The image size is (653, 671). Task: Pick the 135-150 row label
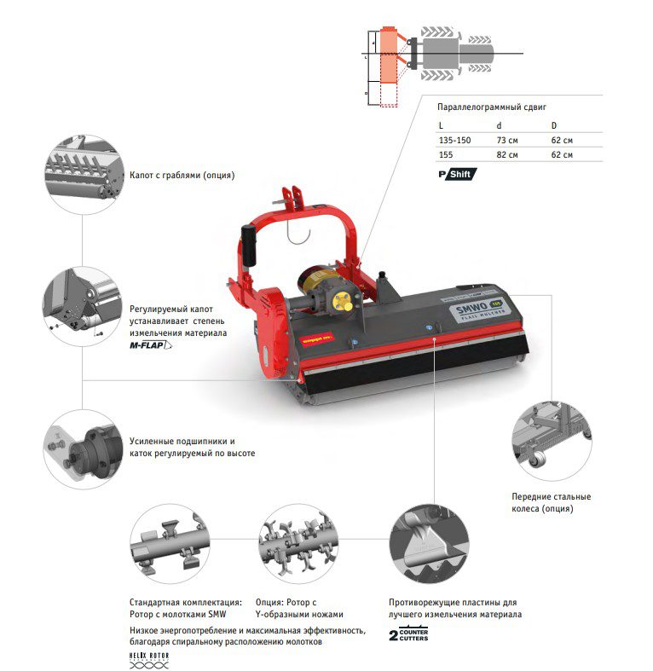pyautogui.click(x=454, y=140)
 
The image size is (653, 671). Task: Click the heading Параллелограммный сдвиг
pyautogui.click(x=490, y=107)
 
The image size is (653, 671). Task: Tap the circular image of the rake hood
pyautogui.click(x=81, y=173)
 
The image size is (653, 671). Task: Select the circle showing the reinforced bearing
pyautogui.click(x=81, y=448)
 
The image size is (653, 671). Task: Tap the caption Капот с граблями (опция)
pyautogui.click(x=182, y=176)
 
